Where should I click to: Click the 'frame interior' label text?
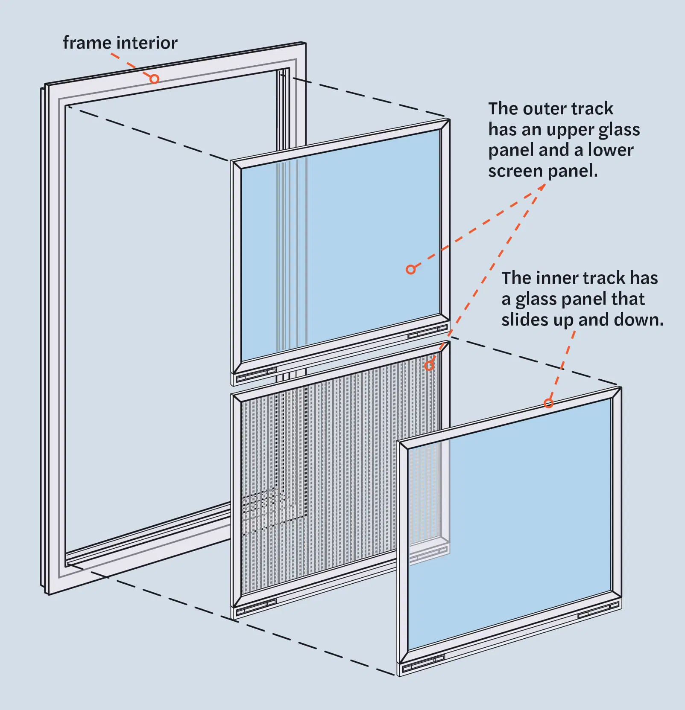(x=120, y=43)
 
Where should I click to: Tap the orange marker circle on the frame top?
(x=154, y=79)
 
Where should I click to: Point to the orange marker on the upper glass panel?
(x=410, y=269)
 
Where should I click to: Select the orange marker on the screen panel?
(x=429, y=365)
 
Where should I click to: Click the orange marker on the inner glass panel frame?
(x=549, y=403)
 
